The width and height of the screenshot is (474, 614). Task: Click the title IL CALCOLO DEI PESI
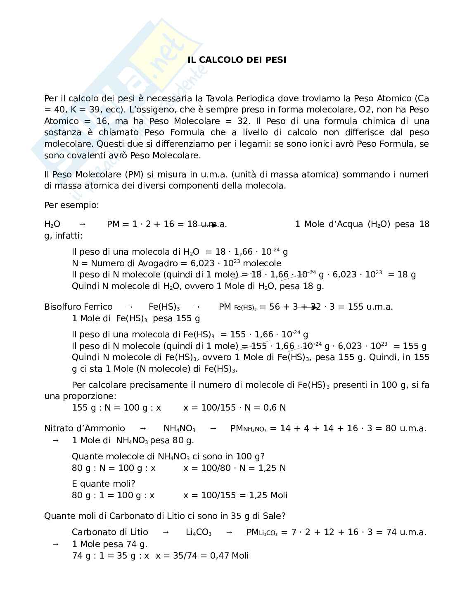point(237,60)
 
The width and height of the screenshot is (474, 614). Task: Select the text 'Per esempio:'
point(71,205)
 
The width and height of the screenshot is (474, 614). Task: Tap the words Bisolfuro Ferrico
point(78,307)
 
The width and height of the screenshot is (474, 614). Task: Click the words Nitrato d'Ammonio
point(85,428)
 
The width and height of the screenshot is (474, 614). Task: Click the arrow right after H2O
point(83,224)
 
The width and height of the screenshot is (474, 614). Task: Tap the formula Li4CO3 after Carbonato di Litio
point(199,533)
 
